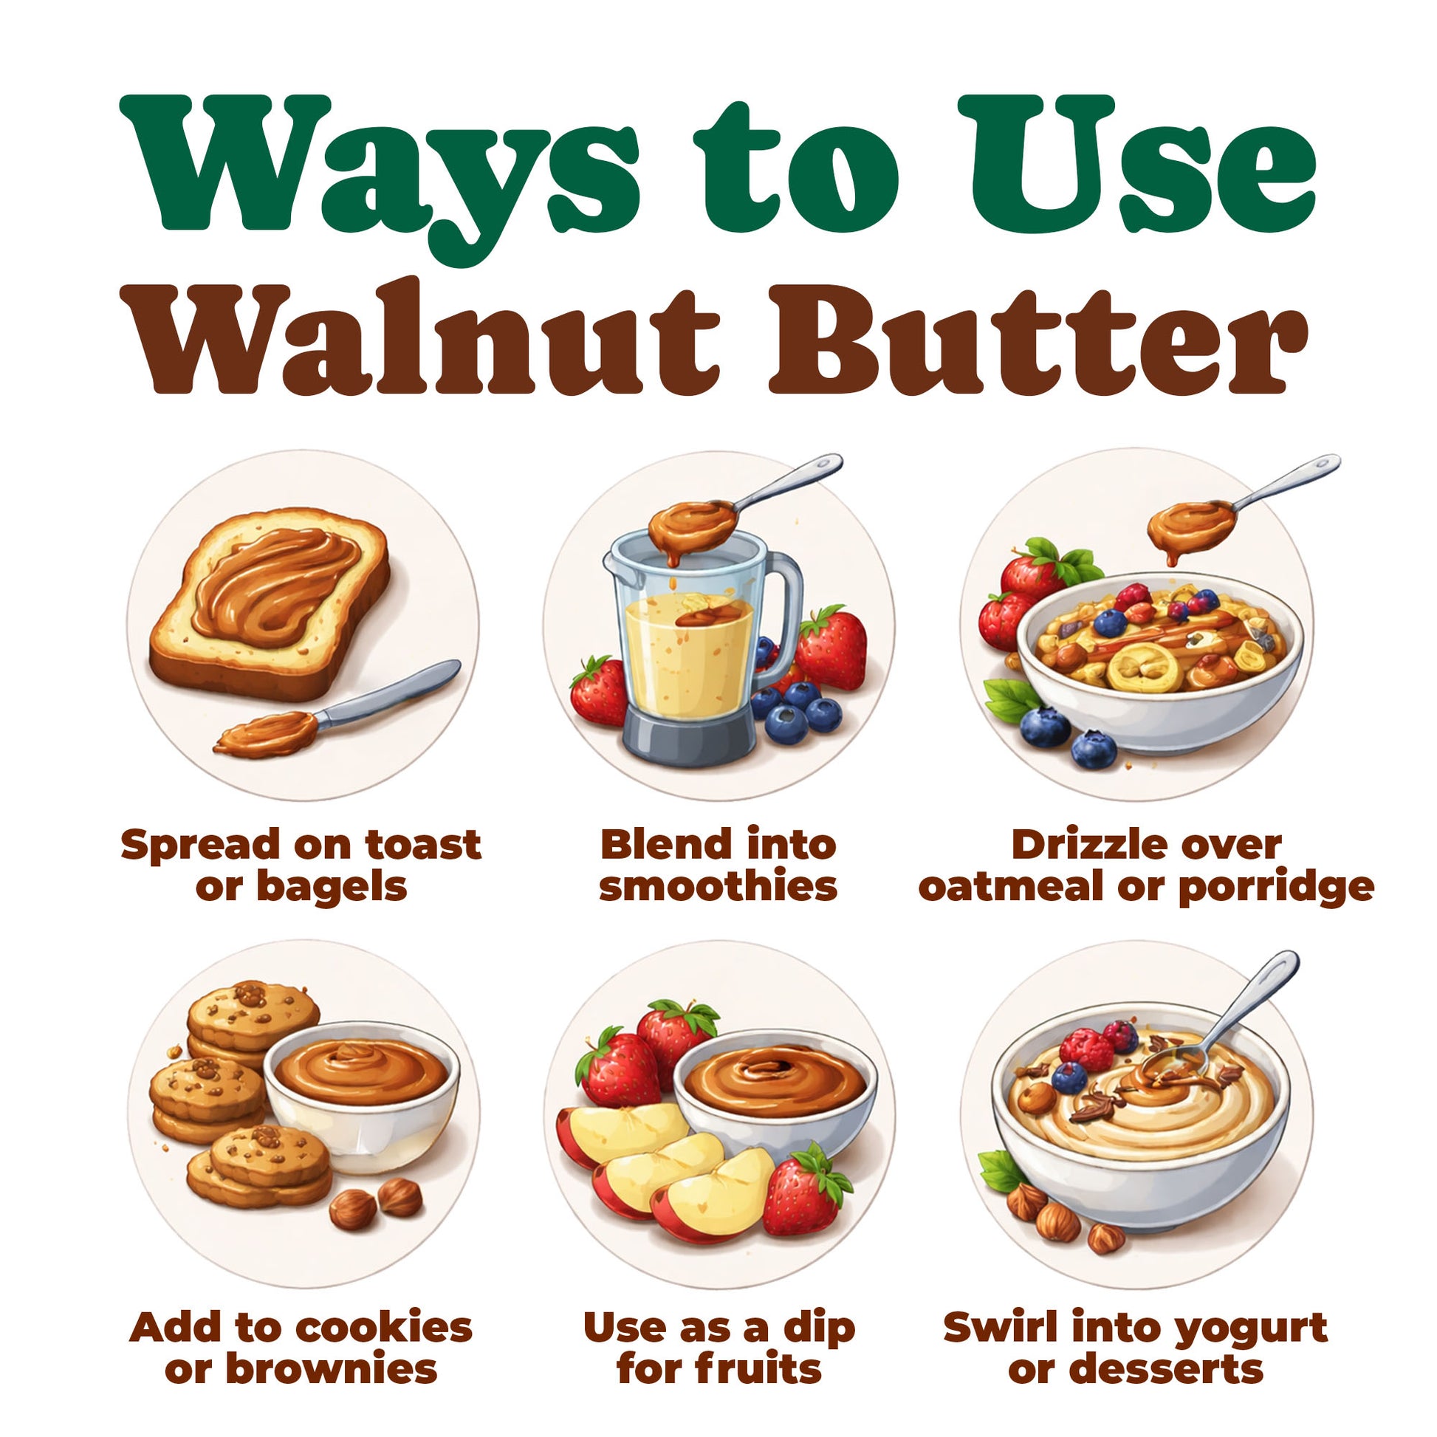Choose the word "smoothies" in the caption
718,887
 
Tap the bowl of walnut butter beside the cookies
362,1086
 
